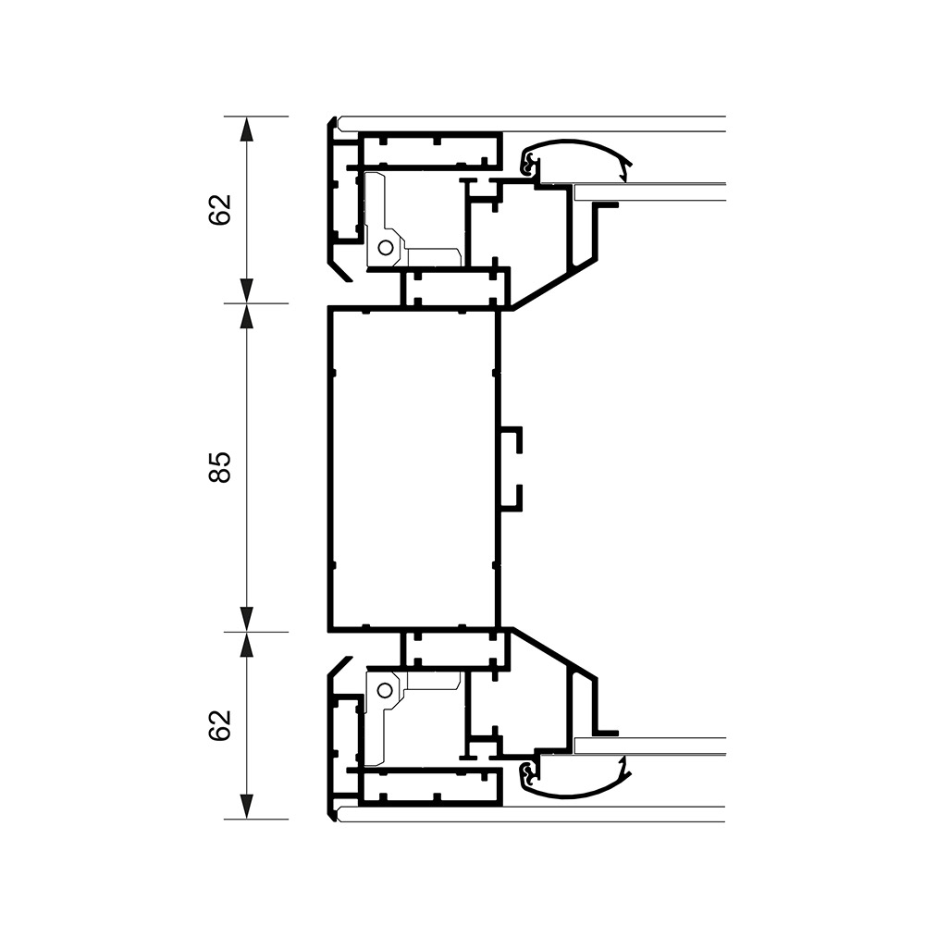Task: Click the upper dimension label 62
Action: [219, 209]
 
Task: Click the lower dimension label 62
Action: [219, 725]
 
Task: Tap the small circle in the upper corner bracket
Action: [385, 248]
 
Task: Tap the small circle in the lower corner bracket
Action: [385, 688]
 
